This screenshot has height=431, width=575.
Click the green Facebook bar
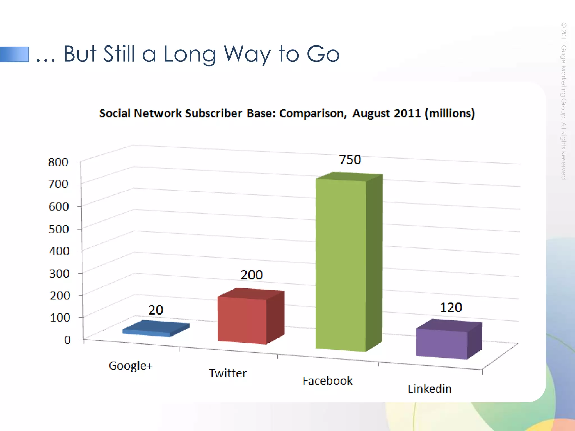[341, 264]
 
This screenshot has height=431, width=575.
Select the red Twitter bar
[242, 320]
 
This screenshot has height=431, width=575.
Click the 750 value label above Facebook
[350, 160]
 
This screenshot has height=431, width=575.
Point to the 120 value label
[451, 308]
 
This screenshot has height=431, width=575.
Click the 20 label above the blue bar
[156, 310]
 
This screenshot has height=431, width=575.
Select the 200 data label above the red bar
[252, 275]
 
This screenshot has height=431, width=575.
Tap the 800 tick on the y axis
[58, 162]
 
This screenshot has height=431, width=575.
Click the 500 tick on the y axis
[59, 229]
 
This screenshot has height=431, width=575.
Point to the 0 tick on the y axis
[67, 340]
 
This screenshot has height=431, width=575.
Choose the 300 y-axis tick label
[59, 273]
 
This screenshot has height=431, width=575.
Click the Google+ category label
[131, 366]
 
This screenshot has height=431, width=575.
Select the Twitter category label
[228, 373]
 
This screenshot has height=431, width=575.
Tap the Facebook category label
[327, 381]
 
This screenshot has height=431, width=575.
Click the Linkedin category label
[430, 389]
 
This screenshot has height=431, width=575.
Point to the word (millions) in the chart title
[450, 113]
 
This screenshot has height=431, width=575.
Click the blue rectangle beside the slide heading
[15, 54]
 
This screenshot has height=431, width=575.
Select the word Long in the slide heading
[190, 54]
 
